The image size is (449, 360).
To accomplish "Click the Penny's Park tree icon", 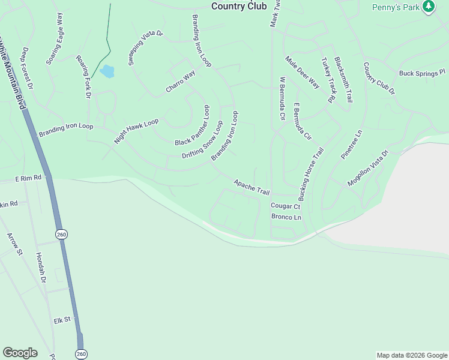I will pyautogui.click(x=428, y=7).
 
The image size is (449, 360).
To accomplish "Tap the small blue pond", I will pyautogui.click(x=107, y=72).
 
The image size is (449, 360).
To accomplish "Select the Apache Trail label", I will pyautogui.click(x=252, y=187).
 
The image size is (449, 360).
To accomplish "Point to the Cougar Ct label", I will pyautogui.click(x=285, y=206).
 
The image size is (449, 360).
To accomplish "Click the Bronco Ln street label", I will pyautogui.click(x=286, y=217).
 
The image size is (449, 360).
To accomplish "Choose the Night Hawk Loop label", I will pyautogui.click(x=136, y=131).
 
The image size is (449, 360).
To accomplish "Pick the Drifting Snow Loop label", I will pyautogui.click(x=202, y=139).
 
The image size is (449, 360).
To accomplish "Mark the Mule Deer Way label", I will pyautogui.click(x=302, y=72).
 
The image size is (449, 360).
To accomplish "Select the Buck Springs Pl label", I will pyautogui.click(x=423, y=73).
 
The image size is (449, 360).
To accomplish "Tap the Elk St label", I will pyautogui.click(x=62, y=320).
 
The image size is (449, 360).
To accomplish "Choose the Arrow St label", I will pyautogui.click(x=14, y=244).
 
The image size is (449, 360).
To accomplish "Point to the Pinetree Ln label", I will pyautogui.click(x=352, y=144).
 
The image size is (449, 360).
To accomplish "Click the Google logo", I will pyautogui.click(x=20, y=352).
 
